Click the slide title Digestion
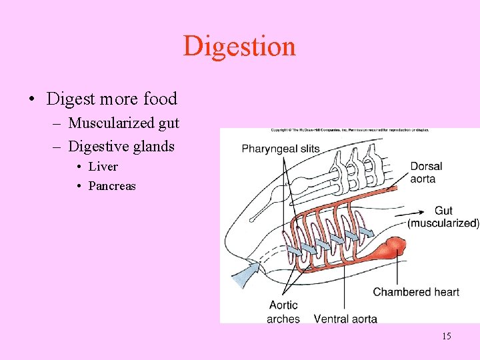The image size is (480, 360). click(x=239, y=46)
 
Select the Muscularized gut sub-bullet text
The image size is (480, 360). click(x=123, y=123)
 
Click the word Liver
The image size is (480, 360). click(x=103, y=166)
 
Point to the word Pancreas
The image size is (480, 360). click(x=111, y=185)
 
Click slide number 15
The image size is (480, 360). click(x=446, y=336)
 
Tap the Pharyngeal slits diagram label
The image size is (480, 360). click(x=281, y=148)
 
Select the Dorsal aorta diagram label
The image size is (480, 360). click(x=426, y=172)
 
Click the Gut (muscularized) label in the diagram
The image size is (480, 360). click(x=443, y=217)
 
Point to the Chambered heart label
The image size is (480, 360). click(x=416, y=292)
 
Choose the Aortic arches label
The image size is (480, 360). click(x=283, y=312)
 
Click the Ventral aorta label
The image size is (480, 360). click(x=345, y=319)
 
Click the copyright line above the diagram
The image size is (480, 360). click(x=349, y=130)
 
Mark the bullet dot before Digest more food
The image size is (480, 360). click(x=32, y=100)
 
